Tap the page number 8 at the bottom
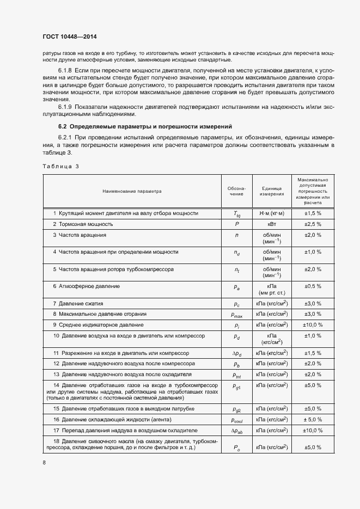[x=44, y=463]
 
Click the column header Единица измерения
[x=271, y=191]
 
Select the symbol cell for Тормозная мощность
[x=237, y=224]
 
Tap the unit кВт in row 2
[x=271, y=224]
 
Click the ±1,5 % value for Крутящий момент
[x=313, y=213]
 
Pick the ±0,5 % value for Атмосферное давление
[x=313, y=286]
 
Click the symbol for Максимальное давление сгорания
[x=237, y=315]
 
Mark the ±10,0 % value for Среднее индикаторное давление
[x=313, y=325]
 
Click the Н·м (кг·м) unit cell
[x=271, y=213]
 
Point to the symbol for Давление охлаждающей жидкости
[x=237, y=420]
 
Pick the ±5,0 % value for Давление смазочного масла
[x=313, y=447]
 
